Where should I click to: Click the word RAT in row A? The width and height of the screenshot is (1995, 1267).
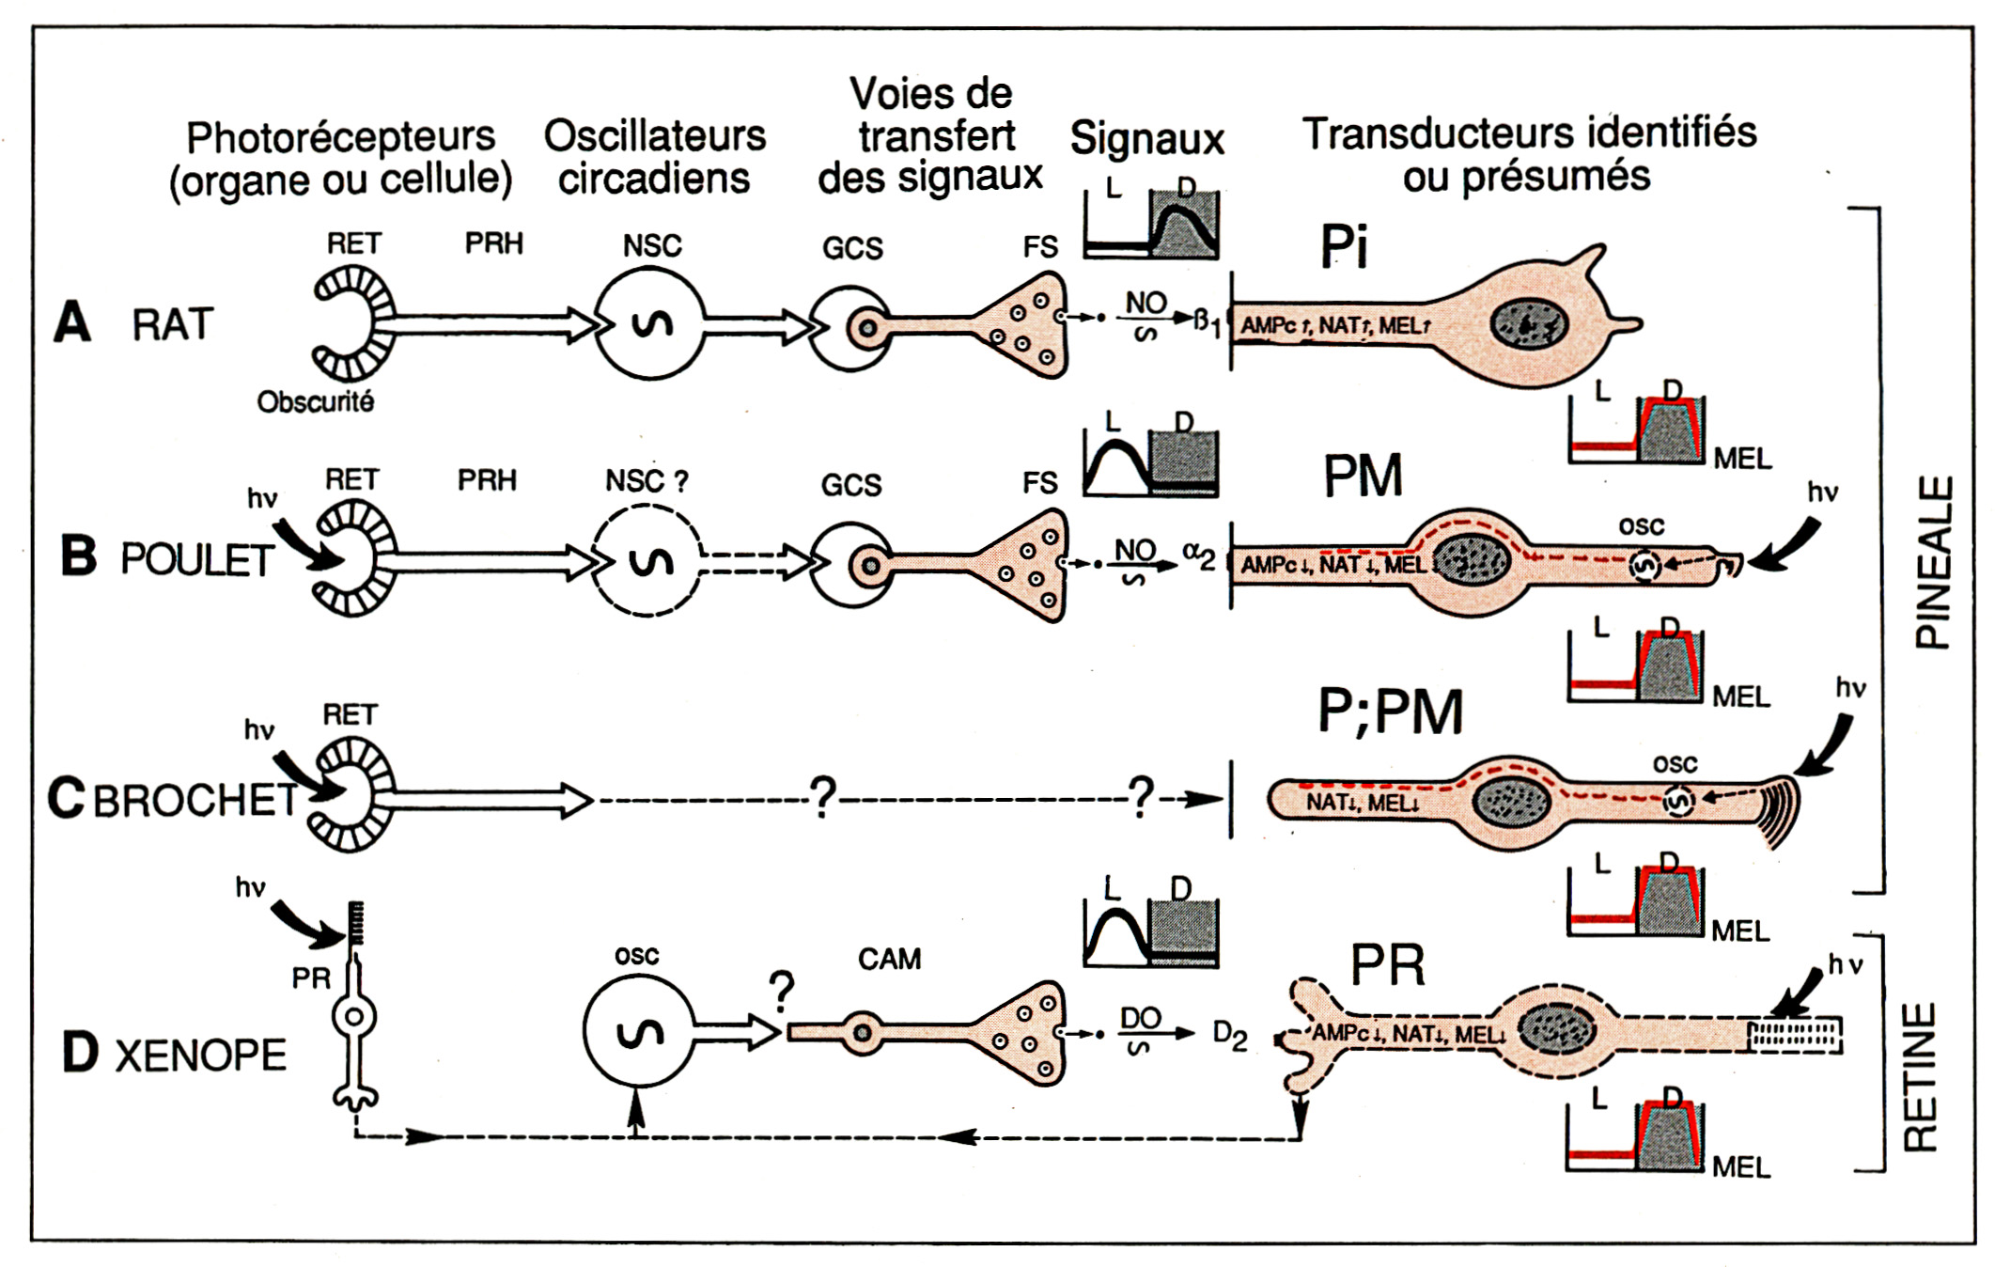pyautogui.click(x=172, y=325)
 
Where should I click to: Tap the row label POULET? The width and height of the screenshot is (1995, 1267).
pyautogui.click(x=196, y=560)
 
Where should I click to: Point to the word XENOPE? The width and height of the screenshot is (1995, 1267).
pyautogui.click(x=200, y=1056)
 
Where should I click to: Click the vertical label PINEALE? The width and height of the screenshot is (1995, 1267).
pyautogui.click(x=1933, y=562)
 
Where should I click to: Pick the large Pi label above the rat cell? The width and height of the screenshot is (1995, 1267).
pyautogui.click(x=1344, y=247)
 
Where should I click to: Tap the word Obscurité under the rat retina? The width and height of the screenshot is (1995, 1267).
pyautogui.click(x=316, y=402)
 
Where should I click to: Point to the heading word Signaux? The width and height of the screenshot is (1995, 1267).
pyautogui.click(x=1146, y=139)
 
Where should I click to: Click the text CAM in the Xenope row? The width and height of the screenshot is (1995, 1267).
pyautogui.click(x=889, y=960)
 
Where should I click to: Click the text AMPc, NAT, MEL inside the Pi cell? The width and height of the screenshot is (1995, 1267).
pyautogui.click(x=1334, y=326)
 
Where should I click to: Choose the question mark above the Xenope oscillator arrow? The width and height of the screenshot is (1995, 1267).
pyautogui.click(x=782, y=990)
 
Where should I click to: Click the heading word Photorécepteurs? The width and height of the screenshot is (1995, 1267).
pyautogui.click(x=340, y=137)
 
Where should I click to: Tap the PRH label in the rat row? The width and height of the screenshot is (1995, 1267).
pyautogui.click(x=493, y=243)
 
